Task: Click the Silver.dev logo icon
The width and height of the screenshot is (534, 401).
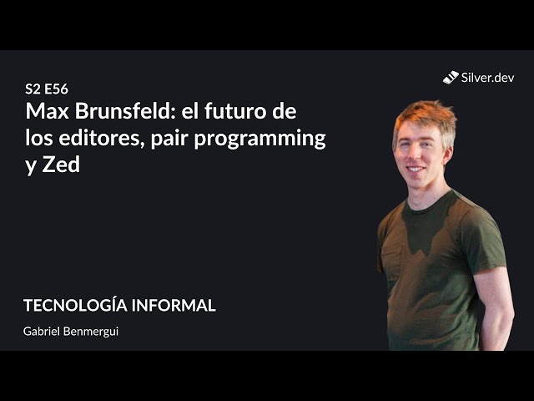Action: tap(451, 78)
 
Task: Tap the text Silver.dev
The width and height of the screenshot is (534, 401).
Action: tap(488, 78)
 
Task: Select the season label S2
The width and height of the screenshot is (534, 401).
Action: tap(33, 89)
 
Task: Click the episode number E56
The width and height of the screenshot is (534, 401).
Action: tap(56, 89)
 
